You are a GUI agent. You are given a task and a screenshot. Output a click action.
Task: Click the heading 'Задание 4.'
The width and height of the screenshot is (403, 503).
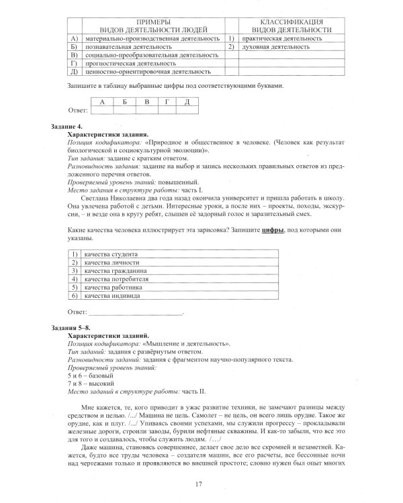tap(69, 126)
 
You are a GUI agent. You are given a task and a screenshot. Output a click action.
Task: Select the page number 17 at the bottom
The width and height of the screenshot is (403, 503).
tap(199, 484)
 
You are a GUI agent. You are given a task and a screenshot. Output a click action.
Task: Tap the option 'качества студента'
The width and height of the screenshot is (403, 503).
tap(111, 254)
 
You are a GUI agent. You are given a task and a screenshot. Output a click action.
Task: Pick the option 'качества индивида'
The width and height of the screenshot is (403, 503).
tap(111, 294)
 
